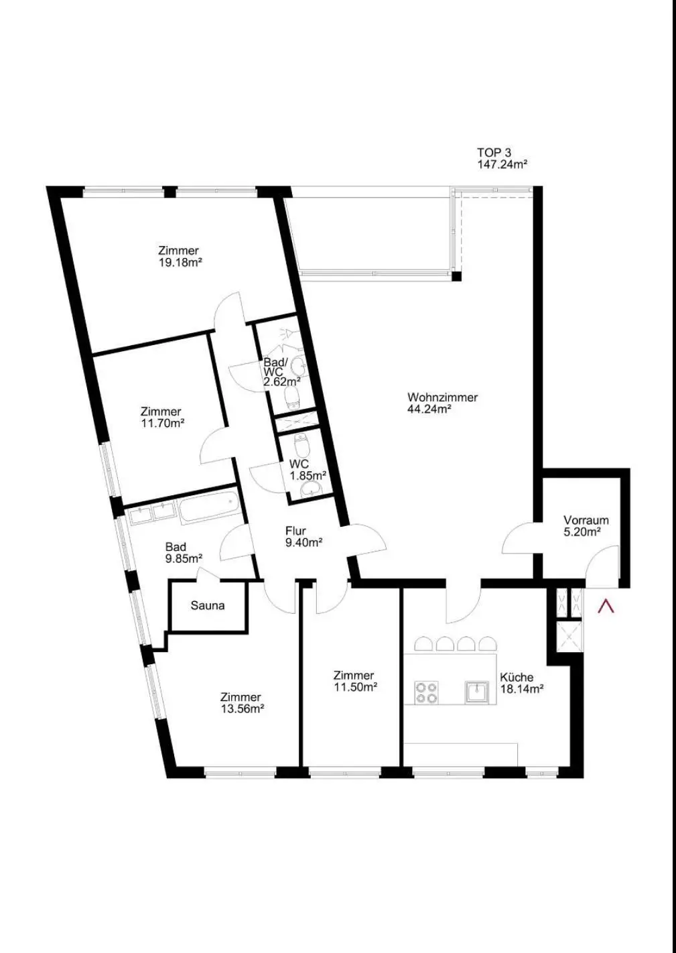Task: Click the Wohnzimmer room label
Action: (x=442, y=397)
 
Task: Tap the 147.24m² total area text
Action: (x=502, y=164)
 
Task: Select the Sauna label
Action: (x=208, y=605)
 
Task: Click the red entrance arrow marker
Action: (x=606, y=606)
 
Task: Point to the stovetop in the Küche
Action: (x=427, y=692)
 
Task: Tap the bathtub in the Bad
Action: (x=208, y=507)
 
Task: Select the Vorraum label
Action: (x=586, y=520)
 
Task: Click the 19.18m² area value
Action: (x=180, y=262)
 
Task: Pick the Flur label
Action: (x=295, y=531)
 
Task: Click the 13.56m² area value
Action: (x=243, y=708)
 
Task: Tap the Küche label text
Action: (x=517, y=677)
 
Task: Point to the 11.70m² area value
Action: (x=162, y=423)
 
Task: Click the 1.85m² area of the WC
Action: (x=308, y=475)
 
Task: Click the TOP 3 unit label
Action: (x=494, y=152)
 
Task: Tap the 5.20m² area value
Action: (x=582, y=532)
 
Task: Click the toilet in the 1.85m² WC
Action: (x=301, y=444)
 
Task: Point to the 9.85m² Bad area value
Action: (x=184, y=558)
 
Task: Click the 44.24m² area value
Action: (x=429, y=409)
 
